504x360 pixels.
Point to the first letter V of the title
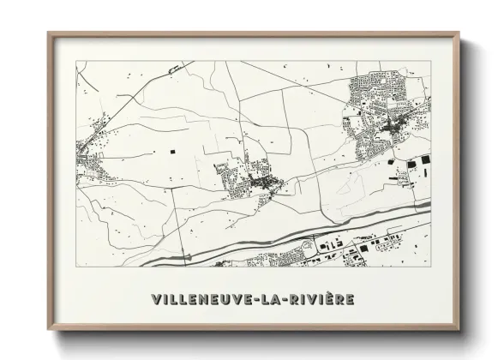(156, 300)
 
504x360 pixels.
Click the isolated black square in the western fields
(171, 151)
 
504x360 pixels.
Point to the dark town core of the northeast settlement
(394, 129)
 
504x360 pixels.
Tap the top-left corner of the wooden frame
(50, 34)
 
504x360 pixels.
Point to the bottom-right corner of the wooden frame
(459, 329)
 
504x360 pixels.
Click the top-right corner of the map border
(430, 61)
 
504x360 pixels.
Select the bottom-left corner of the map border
(76, 267)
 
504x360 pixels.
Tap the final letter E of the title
(351, 300)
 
